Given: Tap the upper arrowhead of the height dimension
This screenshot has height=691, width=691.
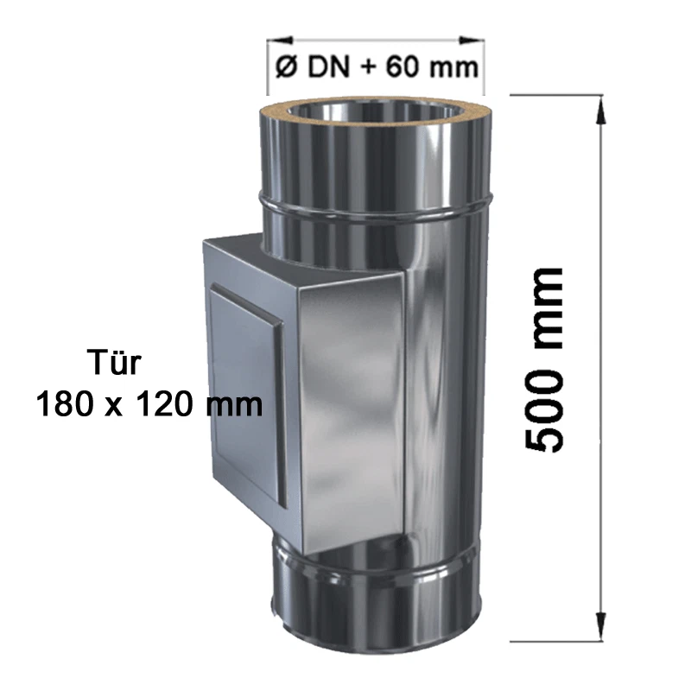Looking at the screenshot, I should click(x=596, y=102).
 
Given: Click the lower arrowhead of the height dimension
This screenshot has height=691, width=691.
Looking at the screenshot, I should click(x=596, y=635).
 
